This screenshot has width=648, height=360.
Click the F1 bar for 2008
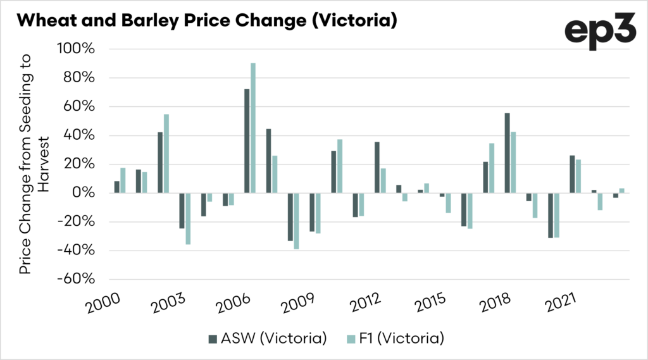coord(296,221)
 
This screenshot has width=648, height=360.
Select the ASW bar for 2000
coord(116,187)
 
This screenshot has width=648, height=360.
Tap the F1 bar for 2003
coord(188,218)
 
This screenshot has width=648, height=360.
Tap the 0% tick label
coord(84,193)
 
